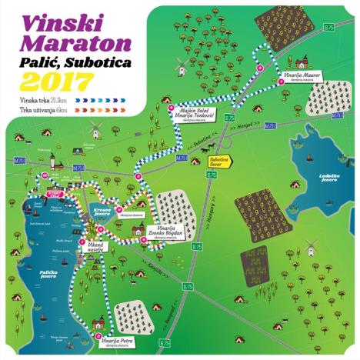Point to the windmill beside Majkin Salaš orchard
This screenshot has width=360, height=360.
click(x=182, y=68)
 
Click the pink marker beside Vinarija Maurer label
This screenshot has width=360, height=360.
click(x=261, y=69)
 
